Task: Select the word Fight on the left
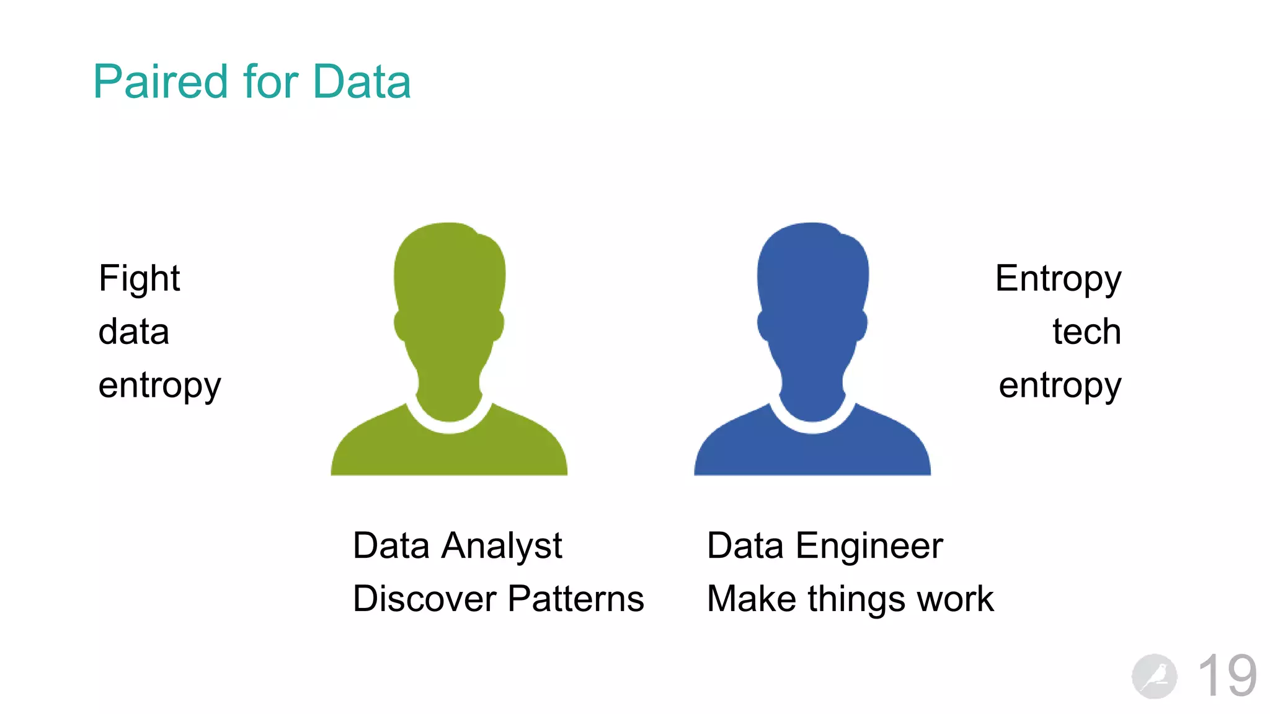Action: [139, 278]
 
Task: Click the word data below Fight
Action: [133, 332]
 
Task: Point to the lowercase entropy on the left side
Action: [159, 386]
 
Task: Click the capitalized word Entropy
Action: [1058, 278]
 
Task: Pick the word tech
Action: [1086, 332]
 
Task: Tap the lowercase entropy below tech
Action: [1060, 386]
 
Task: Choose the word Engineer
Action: [869, 546]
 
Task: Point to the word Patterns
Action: [576, 599]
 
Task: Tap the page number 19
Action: [1227, 676]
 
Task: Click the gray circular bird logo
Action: [1154, 676]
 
